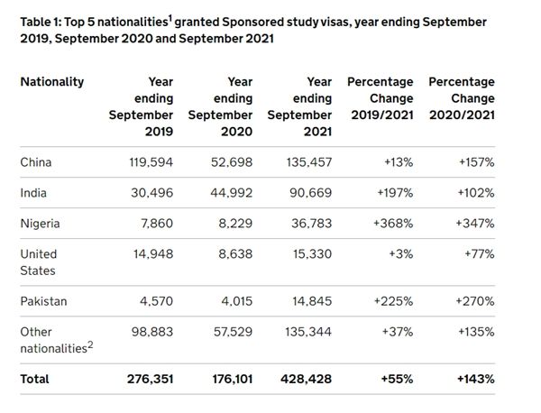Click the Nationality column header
coord(52,82)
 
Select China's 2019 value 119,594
coord(151,162)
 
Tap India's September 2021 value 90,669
coord(310,193)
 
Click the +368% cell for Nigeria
coord(393,224)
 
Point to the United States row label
coord(38,262)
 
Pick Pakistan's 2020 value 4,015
coord(236,301)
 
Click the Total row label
coord(34,380)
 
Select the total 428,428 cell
coord(306,380)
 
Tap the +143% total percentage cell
coord(476,380)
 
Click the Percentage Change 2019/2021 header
coord(381,98)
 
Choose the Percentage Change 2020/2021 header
coord(462,98)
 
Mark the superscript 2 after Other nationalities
coord(90,344)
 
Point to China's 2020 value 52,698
coord(232,162)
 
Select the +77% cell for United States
coord(480,254)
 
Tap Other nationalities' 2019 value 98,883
coord(152,332)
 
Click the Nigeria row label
coord(40,224)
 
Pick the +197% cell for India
coord(395,193)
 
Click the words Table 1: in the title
coord(41,22)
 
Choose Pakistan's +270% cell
coord(475,301)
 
